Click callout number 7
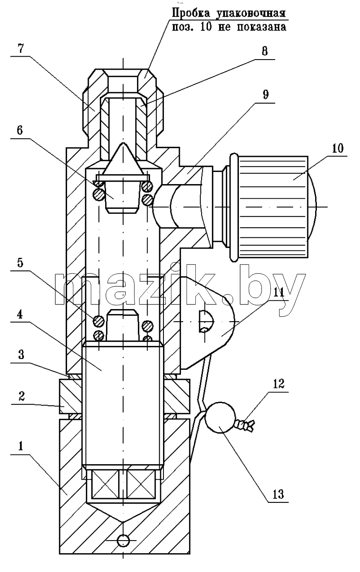click(x=21, y=48)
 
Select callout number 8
click(x=264, y=51)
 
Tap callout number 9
click(x=265, y=94)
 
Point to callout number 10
click(x=337, y=148)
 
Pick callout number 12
click(x=278, y=384)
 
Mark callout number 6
click(x=20, y=130)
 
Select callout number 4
click(x=20, y=315)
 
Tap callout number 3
click(x=21, y=355)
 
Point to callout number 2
click(x=21, y=396)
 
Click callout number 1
click(x=21, y=446)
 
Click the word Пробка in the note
click(x=191, y=13)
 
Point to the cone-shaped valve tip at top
click(x=123, y=159)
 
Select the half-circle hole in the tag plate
click(x=206, y=321)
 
